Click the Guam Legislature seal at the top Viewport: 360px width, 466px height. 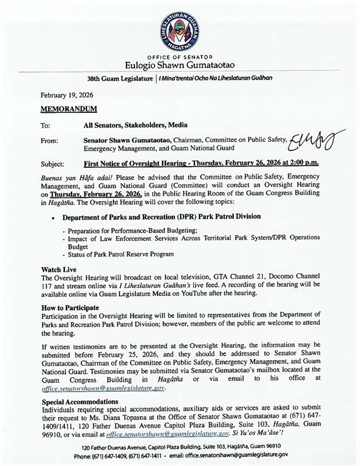click(179, 29)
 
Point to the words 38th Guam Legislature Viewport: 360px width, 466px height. click(120, 78)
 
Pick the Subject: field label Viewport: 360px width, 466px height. click(53, 164)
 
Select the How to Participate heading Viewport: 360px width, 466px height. click(70, 308)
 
